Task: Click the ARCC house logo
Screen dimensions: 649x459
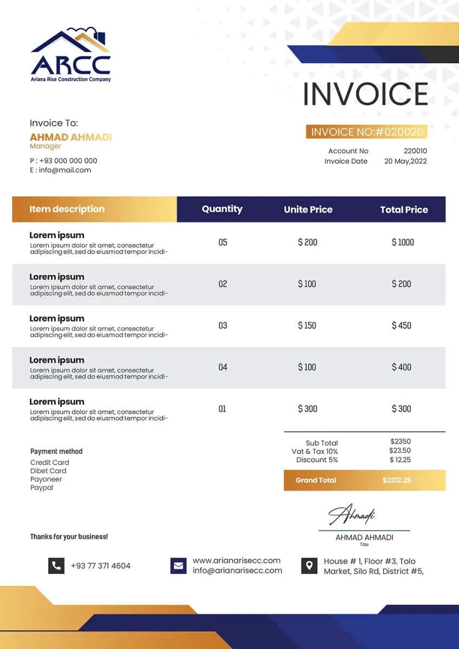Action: [71, 54]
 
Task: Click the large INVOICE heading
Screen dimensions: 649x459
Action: [365, 94]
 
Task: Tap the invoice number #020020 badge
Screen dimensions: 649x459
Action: [366, 132]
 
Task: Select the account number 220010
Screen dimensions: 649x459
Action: [415, 151]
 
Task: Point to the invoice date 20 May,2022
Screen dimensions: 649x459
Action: [405, 161]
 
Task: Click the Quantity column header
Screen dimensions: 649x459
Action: [222, 209]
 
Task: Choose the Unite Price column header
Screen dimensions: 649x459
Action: [308, 209]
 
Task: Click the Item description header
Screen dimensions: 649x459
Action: [67, 209]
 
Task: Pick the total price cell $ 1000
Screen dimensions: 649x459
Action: [403, 242]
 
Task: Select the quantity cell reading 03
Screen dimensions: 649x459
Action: [222, 326]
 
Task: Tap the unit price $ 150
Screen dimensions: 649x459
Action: [307, 326]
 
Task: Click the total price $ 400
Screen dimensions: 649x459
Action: [402, 367]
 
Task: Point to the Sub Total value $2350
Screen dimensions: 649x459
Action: [401, 441]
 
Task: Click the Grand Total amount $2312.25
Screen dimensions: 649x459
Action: [397, 480]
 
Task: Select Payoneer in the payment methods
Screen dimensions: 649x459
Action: [46, 479]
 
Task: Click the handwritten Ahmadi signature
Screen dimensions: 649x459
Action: [352, 515]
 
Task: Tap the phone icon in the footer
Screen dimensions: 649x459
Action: [56, 566]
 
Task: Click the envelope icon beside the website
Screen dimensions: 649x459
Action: [178, 566]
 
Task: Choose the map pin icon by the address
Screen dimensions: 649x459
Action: [309, 566]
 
